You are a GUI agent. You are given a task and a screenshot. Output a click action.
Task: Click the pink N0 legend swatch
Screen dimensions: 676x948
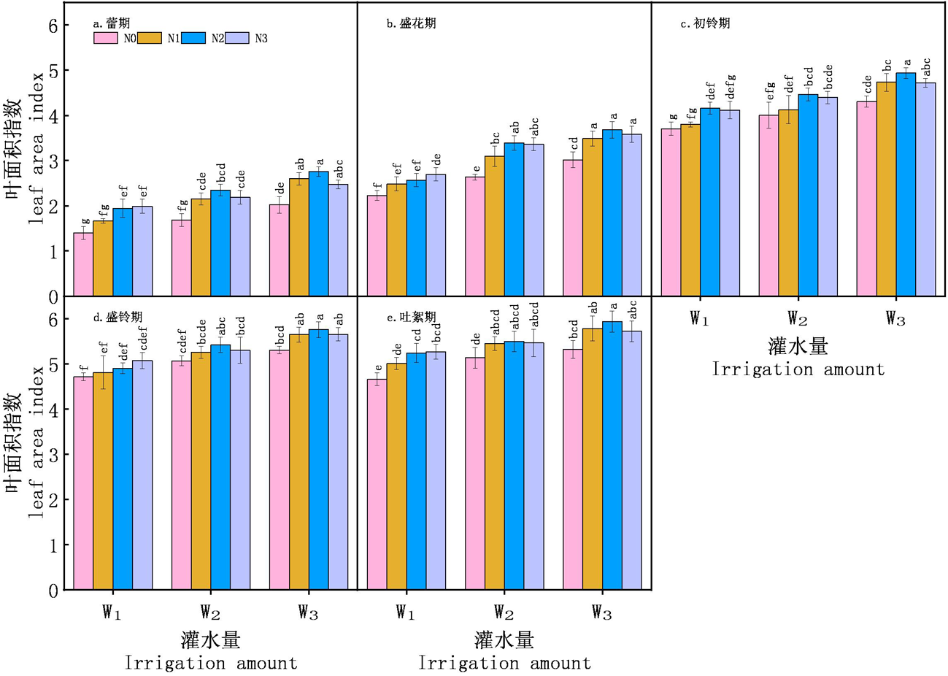106,38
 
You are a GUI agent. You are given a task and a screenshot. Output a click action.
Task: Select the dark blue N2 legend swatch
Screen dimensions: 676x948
193,38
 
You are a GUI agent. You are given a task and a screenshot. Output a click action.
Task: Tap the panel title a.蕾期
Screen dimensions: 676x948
112,24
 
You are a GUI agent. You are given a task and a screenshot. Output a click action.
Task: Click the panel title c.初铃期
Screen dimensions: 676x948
705,24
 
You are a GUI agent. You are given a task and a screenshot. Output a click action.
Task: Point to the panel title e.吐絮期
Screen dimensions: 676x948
412,318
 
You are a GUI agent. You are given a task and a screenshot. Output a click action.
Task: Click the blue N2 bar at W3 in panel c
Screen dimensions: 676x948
906,184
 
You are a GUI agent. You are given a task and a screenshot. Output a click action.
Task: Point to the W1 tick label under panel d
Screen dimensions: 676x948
111,612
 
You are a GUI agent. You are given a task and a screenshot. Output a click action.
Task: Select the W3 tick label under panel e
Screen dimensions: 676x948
601,612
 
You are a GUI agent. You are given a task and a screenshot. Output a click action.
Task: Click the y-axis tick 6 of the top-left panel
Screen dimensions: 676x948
53,26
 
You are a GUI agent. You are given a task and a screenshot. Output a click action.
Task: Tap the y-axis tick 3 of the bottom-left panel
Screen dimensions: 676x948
53,455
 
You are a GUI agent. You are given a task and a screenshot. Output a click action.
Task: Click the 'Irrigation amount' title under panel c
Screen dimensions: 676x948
798,369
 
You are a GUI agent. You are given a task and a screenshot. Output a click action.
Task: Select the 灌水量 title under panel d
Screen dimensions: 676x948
211,640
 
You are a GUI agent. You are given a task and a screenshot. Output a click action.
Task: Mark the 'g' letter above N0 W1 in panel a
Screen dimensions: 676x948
85,221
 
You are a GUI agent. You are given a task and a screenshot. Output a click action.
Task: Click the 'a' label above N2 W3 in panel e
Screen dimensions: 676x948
614,307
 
